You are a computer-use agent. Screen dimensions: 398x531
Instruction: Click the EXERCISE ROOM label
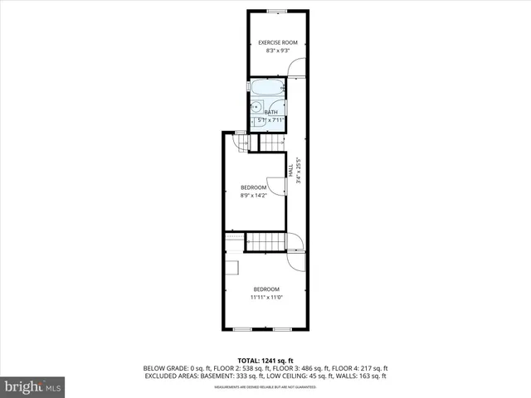point(277,42)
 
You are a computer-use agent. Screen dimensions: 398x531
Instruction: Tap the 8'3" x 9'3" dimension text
point(277,51)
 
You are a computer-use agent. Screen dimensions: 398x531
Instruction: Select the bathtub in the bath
point(268,87)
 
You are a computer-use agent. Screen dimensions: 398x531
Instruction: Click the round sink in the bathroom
point(257,106)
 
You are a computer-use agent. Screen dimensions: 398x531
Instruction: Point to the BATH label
point(270,112)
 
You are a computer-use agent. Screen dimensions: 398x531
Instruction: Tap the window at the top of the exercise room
point(277,10)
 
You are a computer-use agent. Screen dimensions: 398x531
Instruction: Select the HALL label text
point(290,169)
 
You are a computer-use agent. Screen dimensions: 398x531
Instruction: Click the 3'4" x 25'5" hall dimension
point(298,170)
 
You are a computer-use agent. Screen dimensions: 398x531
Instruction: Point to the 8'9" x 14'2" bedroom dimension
point(253,196)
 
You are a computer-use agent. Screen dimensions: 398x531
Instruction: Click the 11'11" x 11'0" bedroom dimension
point(265,297)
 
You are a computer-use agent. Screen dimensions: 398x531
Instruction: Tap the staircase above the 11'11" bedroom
point(266,241)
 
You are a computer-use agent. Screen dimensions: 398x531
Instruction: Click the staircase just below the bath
point(272,142)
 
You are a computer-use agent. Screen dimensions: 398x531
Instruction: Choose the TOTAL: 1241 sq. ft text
point(265,361)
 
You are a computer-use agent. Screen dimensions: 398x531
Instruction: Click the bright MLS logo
point(33,386)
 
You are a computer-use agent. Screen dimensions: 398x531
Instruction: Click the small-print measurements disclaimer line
point(265,386)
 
